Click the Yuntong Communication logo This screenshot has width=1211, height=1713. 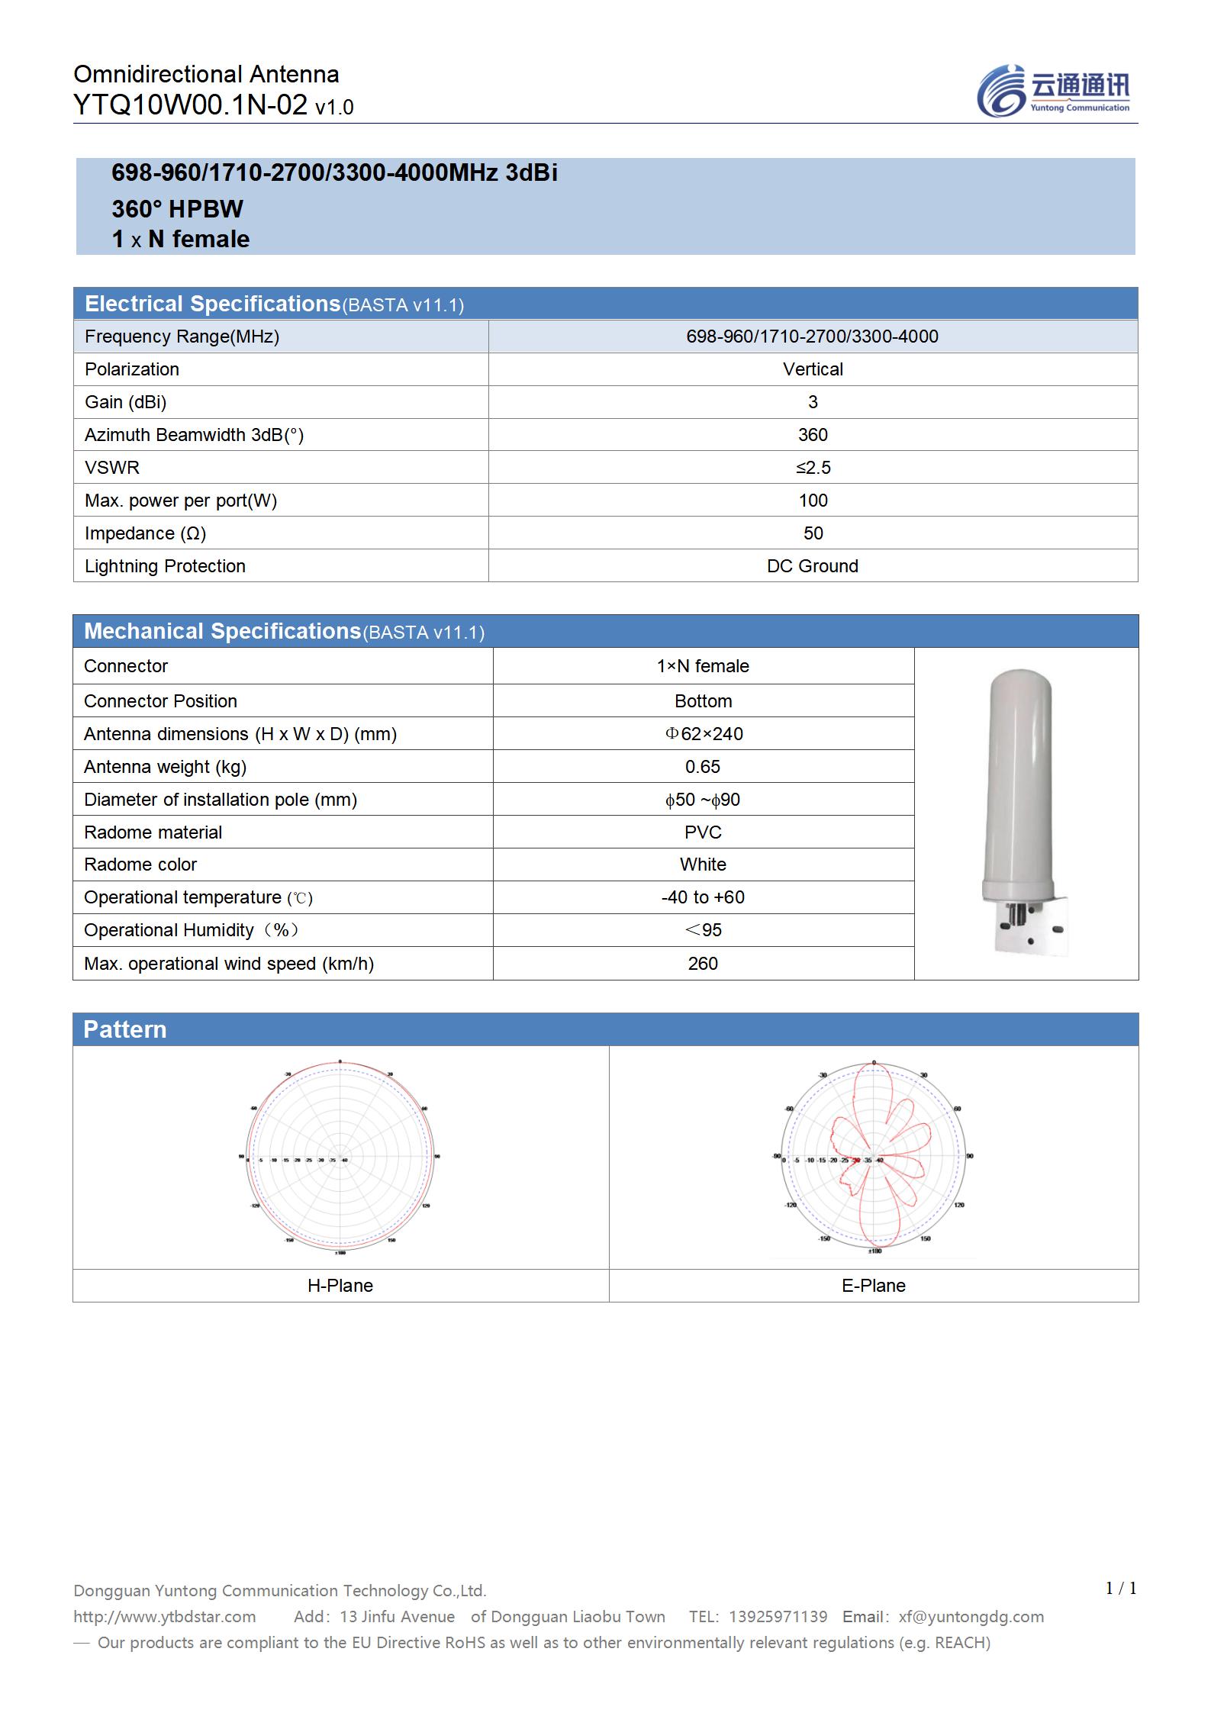pyautogui.click(x=1053, y=91)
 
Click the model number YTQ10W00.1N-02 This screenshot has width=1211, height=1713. pyautogui.click(x=191, y=105)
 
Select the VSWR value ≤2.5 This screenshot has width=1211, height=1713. pyautogui.click(x=813, y=468)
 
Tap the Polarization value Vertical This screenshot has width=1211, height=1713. pyautogui.click(x=813, y=369)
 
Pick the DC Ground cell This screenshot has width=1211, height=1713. pyautogui.click(x=813, y=566)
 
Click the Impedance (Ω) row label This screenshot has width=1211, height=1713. pyautogui.click(x=145, y=533)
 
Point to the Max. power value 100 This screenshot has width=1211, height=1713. pyautogui.click(x=813, y=501)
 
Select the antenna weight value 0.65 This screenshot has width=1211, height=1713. pyautogui.click(x=703, y=767)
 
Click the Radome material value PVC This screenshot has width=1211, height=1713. pyautogui.click(x=703, y=832)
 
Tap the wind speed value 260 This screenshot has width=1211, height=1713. pyautogui.click(x=703, y=964)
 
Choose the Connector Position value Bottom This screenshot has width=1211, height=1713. pyautogui.click(x=703, y=701)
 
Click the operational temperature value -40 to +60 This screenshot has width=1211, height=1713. pyautogui.click(x=703, y=897)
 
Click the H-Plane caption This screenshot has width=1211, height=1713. pyautogui.click(x=340, y=1286)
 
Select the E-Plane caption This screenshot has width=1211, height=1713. pyautogui.click(x=874, y=1286)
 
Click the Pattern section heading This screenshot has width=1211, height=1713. pyautogui.click(x=125, y=1029)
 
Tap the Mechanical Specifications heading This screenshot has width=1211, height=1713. pyautogui.click(x=222, y=631)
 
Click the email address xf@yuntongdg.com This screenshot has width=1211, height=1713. pyautogui.click(x=971, y=1616)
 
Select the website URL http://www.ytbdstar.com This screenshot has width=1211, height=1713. pyautogui.click(x=165, y=1616)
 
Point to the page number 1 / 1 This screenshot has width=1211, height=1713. pyautogui.click(x=1121, y=1588)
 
